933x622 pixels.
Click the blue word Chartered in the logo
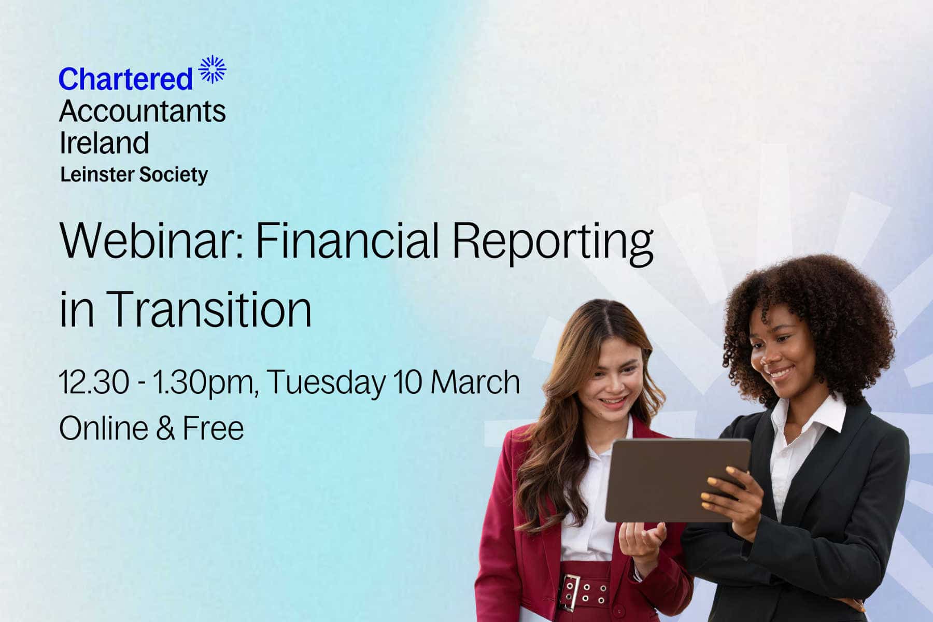125,79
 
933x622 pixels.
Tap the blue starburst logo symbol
213,69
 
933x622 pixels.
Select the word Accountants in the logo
143,111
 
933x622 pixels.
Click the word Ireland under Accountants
104,143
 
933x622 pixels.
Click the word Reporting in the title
553,244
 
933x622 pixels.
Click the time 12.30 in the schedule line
94,383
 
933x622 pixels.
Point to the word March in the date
475,382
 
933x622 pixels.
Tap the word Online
104,428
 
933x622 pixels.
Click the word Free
213,428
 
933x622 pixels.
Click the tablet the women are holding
677,479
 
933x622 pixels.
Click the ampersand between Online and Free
165,429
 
